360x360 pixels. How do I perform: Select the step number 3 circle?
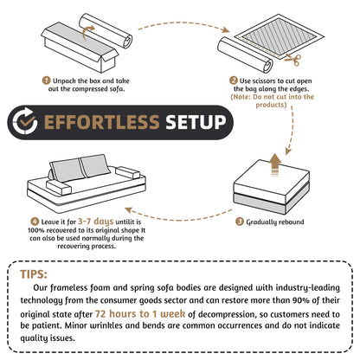tap(239, 222)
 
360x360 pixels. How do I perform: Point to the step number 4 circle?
tap(34, 222)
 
